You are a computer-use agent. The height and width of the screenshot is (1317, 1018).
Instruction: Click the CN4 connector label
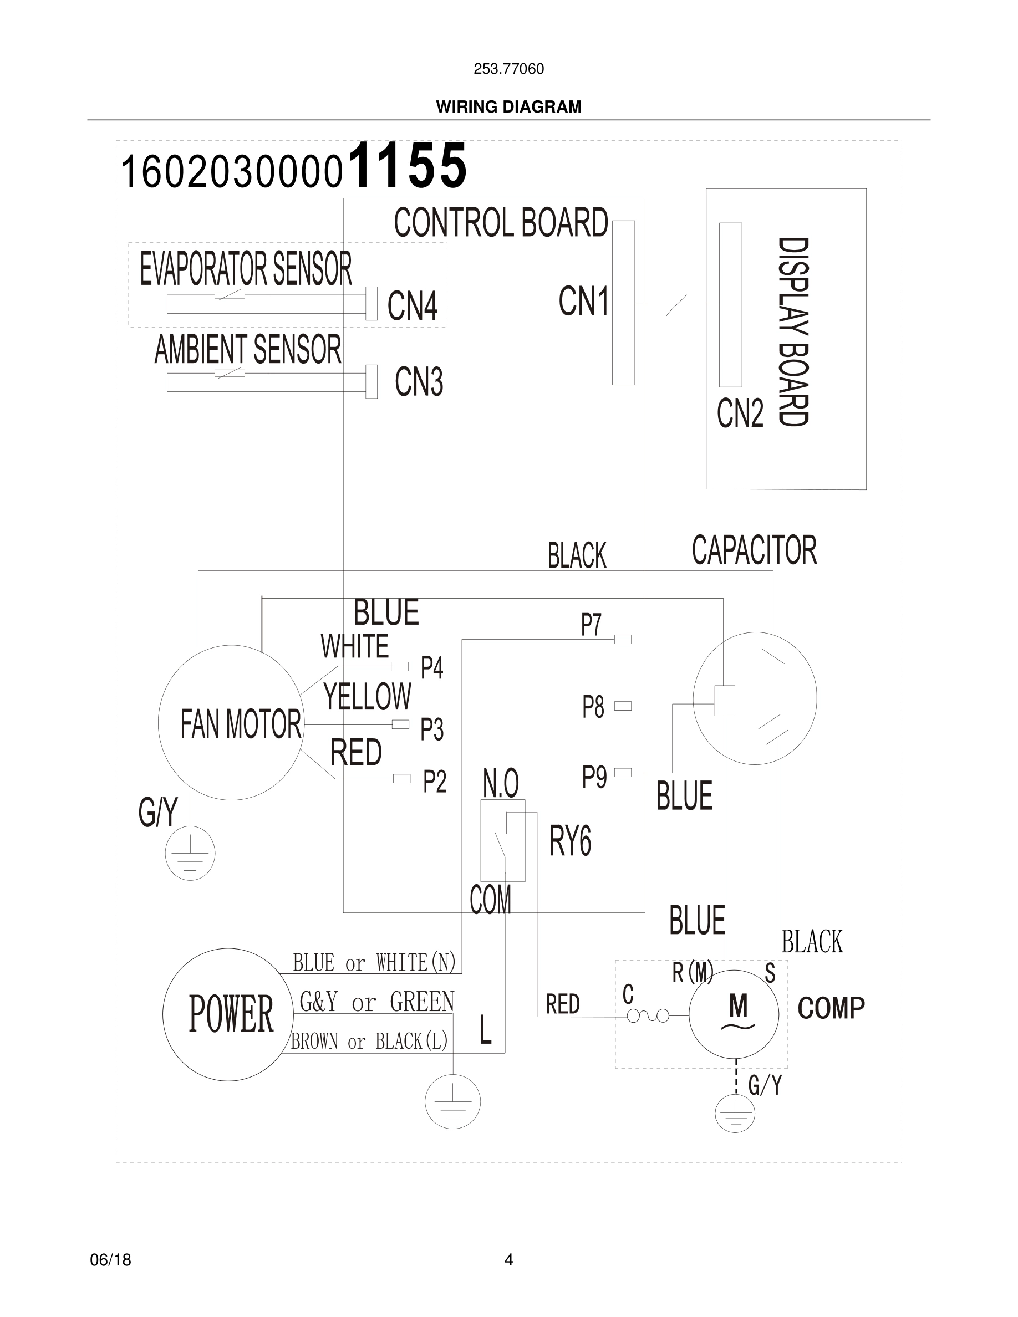pyautogui.click(x=412, y=306)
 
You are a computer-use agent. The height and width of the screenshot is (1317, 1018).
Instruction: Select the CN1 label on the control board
pyautogui.click(x=583, y=302)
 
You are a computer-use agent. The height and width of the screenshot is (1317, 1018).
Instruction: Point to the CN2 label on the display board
pyautogui.click(x=740, y=414)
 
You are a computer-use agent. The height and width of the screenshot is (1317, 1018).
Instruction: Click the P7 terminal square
pyautogui.click(x=622, y=640)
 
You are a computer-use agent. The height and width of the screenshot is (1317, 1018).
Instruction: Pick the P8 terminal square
pyautogui.click(x=622, y=706)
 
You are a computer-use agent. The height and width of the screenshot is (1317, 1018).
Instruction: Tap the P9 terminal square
pyautogui.click(x=622, y=773)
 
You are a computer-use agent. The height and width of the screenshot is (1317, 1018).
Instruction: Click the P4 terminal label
pyautogui.click(x=432, y=668)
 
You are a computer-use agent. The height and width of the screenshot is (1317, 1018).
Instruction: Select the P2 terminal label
pyautogui.click(x=434, y=782)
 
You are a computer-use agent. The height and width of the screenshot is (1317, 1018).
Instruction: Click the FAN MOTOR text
pyautogui.click(x=241, y=724)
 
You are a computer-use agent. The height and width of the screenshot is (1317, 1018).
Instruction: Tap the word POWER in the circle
pyautogui.click(x=231, y=1014)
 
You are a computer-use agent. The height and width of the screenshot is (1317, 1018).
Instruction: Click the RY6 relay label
pyautogui.click(x=570, y=841)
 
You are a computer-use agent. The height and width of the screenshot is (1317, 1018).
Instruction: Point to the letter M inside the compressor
pyautogui.click(x=738, y=1006)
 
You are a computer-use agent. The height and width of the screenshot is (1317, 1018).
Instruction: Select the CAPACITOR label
pyautogui.click(x=754, y=550)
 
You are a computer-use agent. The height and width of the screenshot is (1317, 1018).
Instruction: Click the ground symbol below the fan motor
pyautogui.click(x=190, y=853)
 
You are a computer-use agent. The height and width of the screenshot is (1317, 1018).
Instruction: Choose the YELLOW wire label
pyautogui.click(x=367, y=697)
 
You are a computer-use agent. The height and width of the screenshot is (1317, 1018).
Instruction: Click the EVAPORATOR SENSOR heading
pyautogui.click(x=246, y=269)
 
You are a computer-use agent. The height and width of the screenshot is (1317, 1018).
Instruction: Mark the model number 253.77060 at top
pyautogui.click(x=508, y=69)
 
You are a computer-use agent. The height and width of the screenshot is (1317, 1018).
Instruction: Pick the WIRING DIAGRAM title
pyautogui.click(x=508, y=107)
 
